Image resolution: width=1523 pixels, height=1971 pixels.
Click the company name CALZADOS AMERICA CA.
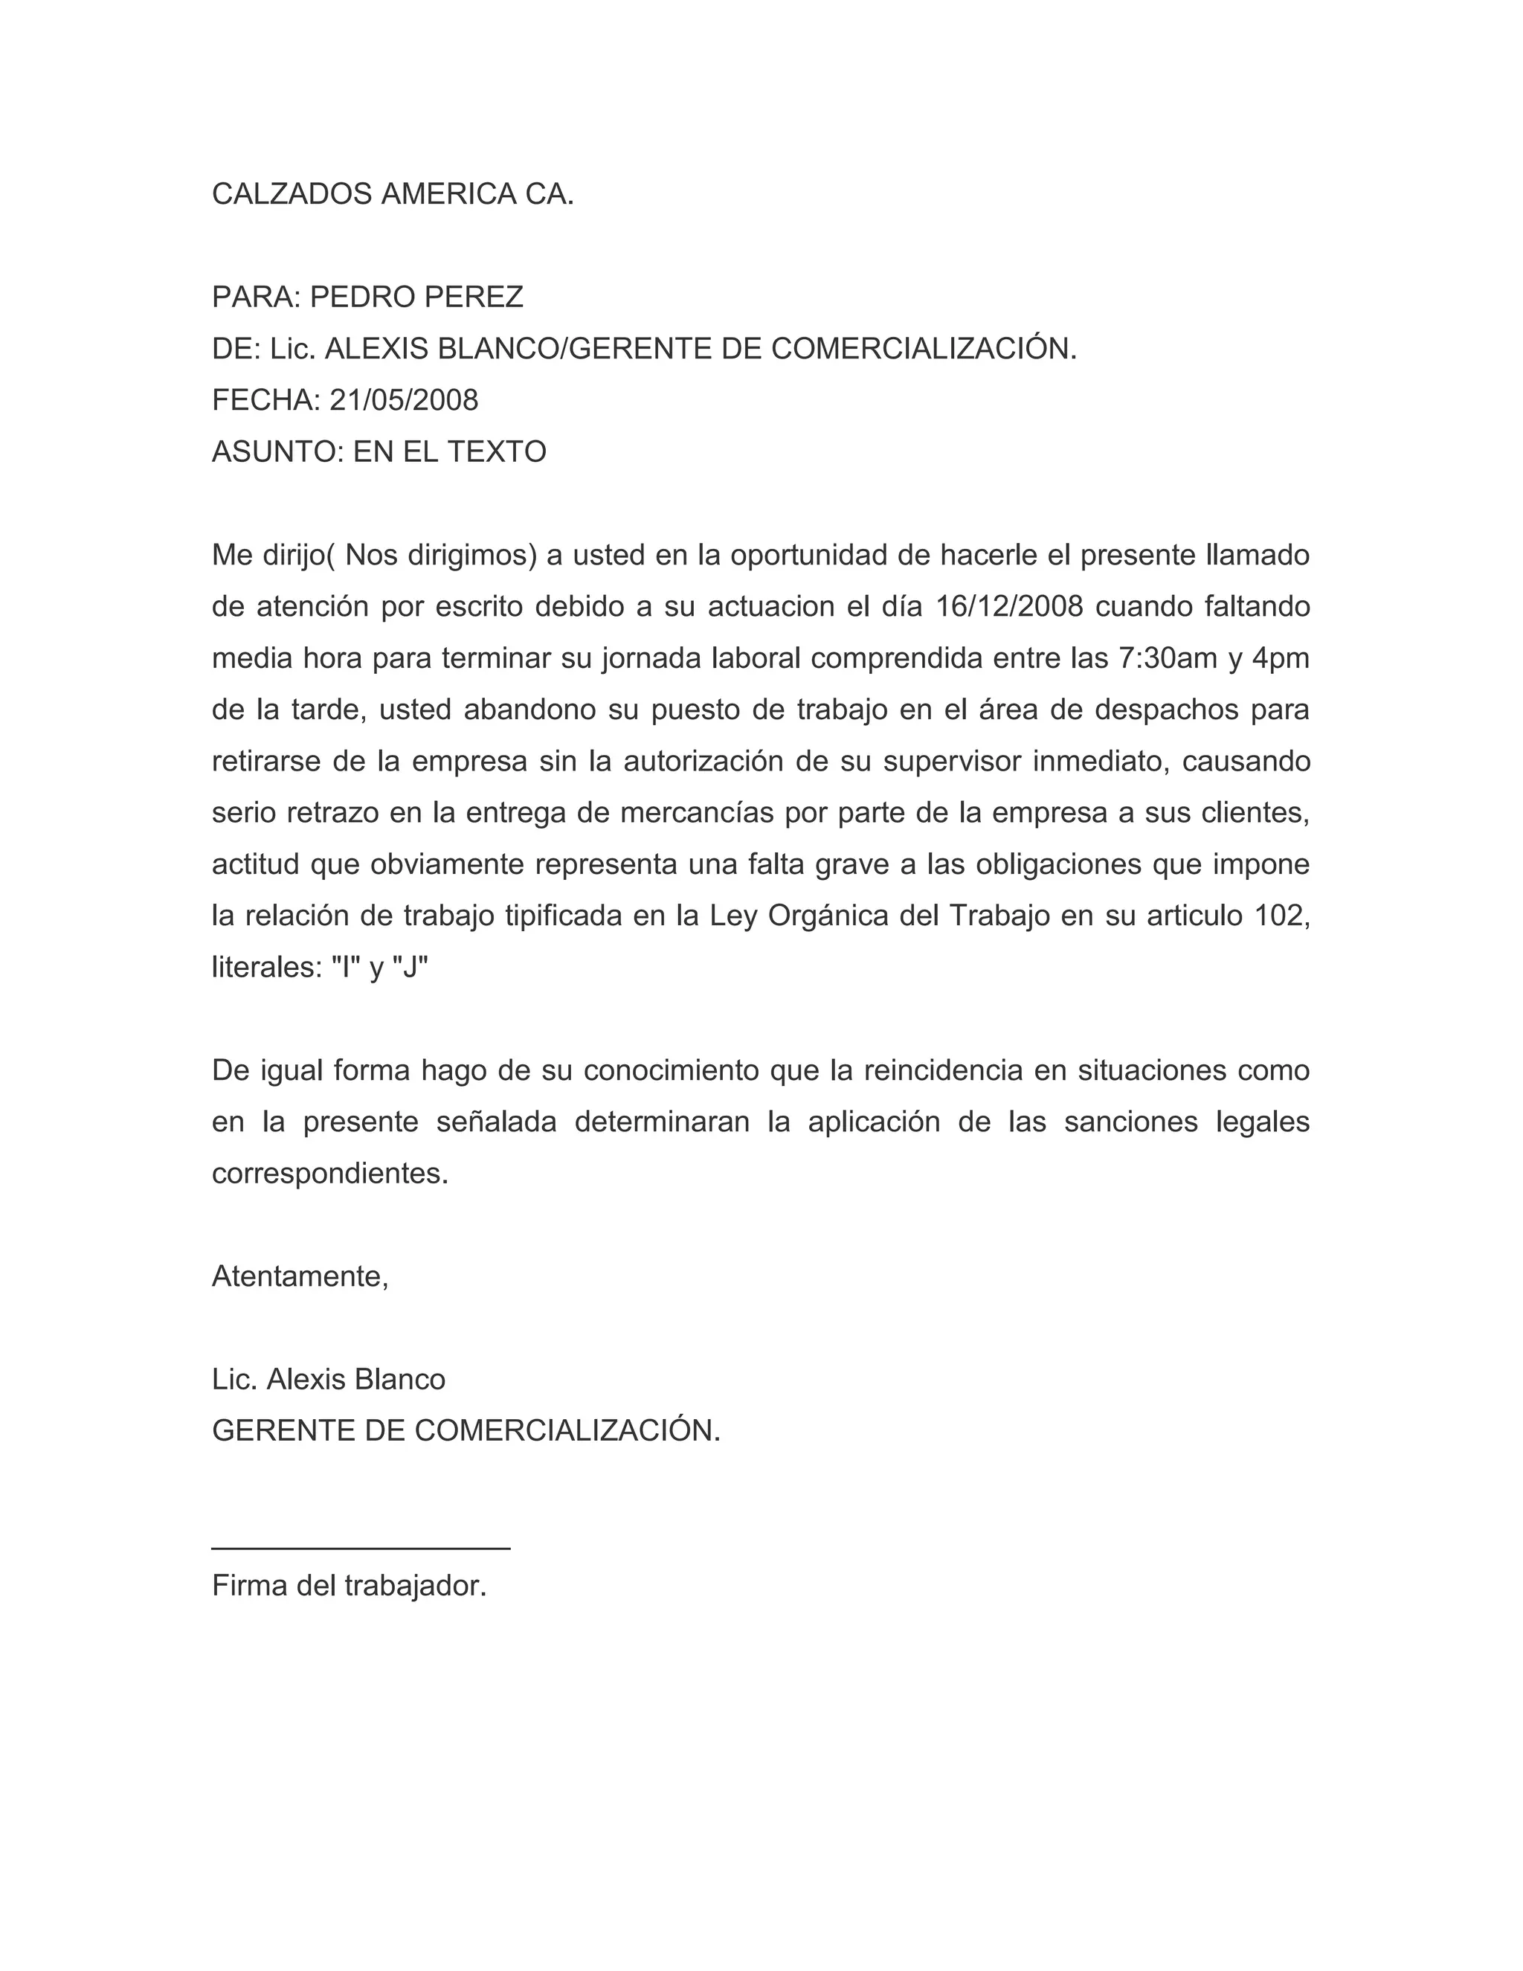(x=393, y=194)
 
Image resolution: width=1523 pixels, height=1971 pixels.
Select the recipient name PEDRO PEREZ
(x=417, y=297)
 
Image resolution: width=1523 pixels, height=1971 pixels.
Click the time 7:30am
(x=1168, y=658)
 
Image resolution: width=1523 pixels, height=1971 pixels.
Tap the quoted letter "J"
(x=411, y=968)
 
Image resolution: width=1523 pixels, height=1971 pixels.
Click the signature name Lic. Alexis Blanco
(x=329, y=1380)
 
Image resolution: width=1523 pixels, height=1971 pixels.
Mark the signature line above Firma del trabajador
(x=361, y=1548)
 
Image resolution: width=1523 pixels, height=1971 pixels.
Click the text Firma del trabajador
(x=350, y=1586)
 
